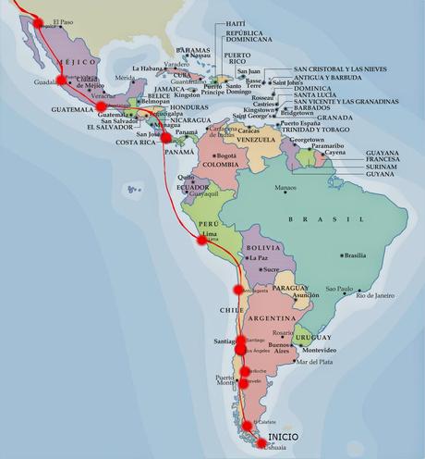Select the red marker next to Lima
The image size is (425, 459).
pos(201,241)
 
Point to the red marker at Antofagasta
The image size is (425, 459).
pos(237,290)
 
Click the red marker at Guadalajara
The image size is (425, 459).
pos(61,80)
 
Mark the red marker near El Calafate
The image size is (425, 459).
pos(246,416)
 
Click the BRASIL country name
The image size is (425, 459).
pos(313,218)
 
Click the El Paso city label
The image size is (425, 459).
pos(62,21)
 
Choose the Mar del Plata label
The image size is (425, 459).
pos(313,361)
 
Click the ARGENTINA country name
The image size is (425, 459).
pos(271,316)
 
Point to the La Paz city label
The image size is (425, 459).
pos(259,258)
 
